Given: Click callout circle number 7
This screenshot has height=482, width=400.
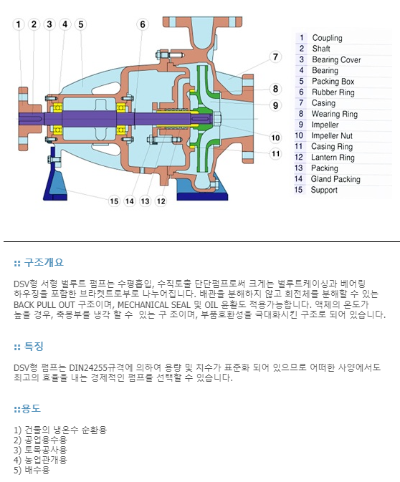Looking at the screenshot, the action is (x=275, y=57).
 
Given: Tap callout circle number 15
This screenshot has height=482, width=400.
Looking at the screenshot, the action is (x=114, y=201).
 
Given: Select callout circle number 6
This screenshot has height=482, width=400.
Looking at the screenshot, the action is (x=143, y=24).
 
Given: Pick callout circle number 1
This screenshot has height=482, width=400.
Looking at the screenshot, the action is (x=19, y=24).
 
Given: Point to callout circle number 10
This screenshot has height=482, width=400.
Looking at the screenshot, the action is (x=275, y=138).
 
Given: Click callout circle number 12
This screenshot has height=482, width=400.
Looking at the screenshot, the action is (x=161, y=201).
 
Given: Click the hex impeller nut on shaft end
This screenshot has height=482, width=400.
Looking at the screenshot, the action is (x=216, y=119).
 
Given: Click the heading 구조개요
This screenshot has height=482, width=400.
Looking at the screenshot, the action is (x=44, y=263).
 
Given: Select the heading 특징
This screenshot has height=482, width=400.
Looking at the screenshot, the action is (x=34, y=347).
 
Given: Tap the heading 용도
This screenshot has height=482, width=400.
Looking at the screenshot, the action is (x=31, y=408).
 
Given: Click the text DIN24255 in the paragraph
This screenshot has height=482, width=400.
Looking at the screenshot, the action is (x=89, y=367).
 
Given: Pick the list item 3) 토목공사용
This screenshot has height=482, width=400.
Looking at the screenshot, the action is (x=40, y=450).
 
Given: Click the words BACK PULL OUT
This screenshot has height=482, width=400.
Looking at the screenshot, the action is (x=44, y=305).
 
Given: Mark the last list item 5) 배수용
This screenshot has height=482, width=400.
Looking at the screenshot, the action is (x=32, y=470).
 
